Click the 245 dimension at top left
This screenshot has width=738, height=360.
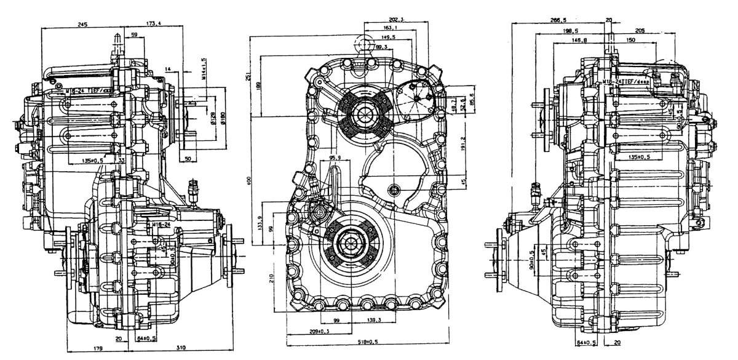(x=83, y=24)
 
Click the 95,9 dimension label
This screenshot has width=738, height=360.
(x=335, y=158)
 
